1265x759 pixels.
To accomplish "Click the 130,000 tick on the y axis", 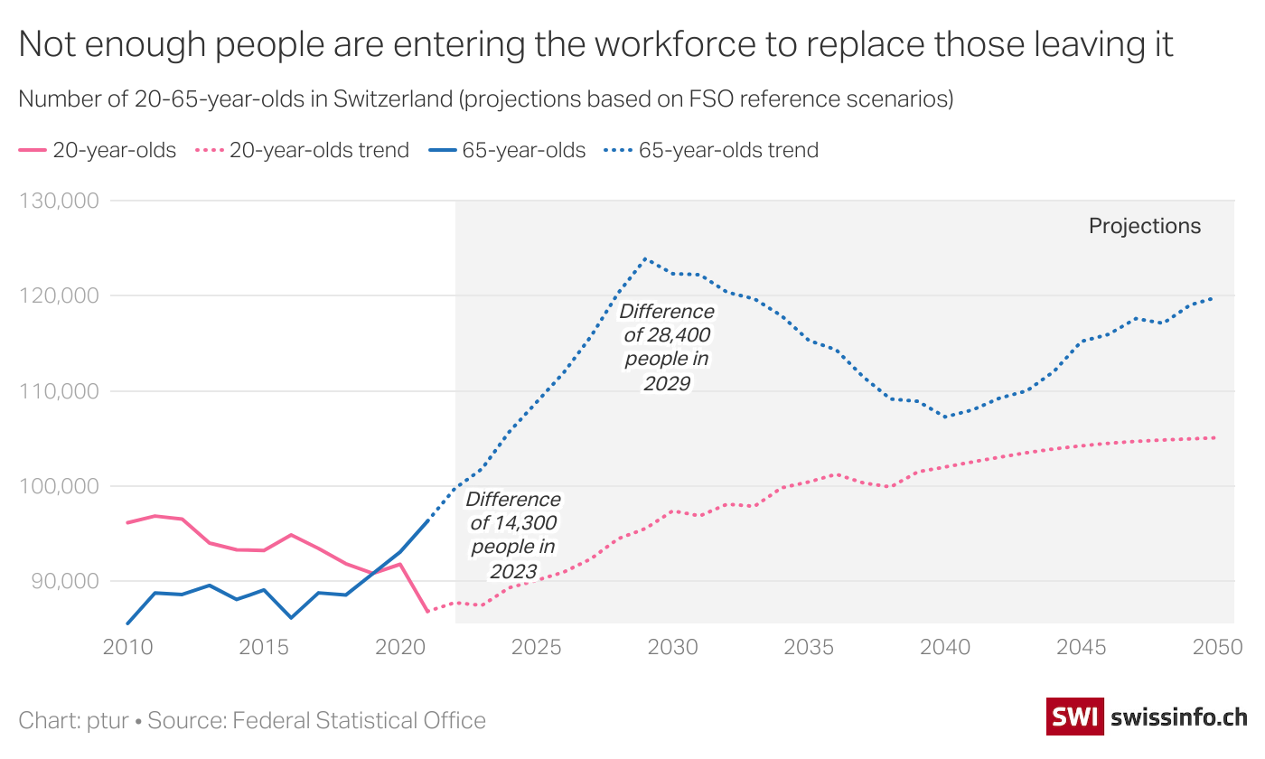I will (58, 201).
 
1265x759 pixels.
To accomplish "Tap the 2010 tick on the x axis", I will (126, 648).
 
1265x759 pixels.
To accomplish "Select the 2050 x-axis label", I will (1214, 648).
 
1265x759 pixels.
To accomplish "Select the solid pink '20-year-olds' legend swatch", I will (33, 150).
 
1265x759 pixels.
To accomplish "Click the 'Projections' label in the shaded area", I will (1145, 226).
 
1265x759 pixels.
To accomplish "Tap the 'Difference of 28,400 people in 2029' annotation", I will (667, 348).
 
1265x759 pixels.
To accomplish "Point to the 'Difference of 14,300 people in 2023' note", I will (513, 535).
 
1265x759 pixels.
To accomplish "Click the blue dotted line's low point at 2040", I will (945, 417).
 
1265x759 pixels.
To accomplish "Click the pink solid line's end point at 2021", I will (427, 612).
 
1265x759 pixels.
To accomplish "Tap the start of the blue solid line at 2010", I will (127, 623).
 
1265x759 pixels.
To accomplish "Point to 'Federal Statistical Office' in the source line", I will (360, 720).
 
